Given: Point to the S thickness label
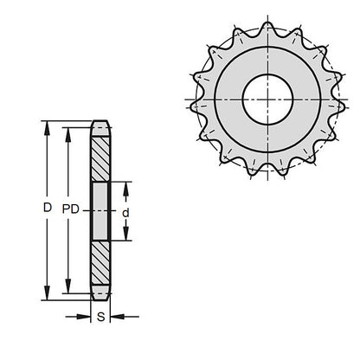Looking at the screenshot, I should pos(101,318).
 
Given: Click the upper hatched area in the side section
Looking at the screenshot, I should pos(100,156).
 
